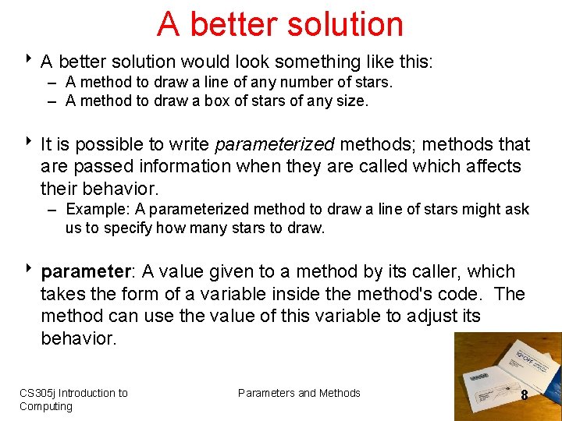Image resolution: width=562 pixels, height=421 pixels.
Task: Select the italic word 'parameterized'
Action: pyautogui.click(x=274, y=144)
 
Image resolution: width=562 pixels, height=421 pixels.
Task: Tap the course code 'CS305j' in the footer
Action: pyautogui.click(x=37, y=393)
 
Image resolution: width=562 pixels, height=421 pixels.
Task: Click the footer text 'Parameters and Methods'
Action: pyautogui.click(x=299, y=393)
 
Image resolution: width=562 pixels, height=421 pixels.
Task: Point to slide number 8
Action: pyautogui.click(x=524, y=395)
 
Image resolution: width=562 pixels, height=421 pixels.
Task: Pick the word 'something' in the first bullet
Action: pyautogui.click(x=280, y=61)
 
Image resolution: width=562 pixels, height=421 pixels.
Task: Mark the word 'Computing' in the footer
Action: pyautogui.click(x=45, y=406)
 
